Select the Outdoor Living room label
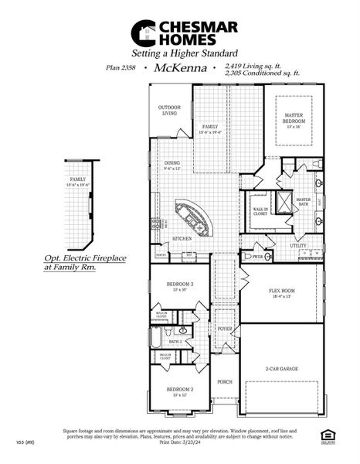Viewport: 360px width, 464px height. coord(169,111)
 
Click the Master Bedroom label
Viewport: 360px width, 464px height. coord(293,118)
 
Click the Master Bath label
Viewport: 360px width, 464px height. coord(303,201)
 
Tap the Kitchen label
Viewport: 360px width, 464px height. coord(182,238)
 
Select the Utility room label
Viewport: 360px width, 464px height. coord(298,245)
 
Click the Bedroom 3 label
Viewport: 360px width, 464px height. coord(180,286)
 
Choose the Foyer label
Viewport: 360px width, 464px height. coord(225,329)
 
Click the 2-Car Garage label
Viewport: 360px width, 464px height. coord(282,369)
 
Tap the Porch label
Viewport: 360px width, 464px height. coord(225,381)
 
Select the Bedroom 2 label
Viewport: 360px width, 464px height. coord(180,391)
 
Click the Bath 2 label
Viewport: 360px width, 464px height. coord(175,341)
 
